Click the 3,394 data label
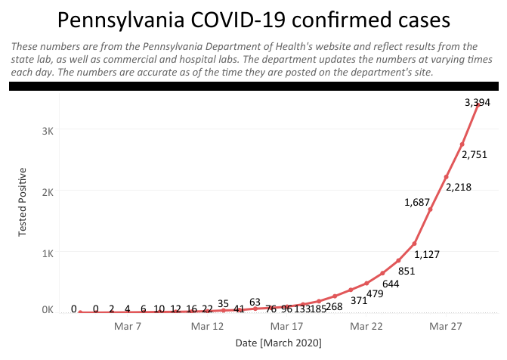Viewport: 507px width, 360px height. pos(477,103)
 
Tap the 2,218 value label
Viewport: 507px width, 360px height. pos(458,188)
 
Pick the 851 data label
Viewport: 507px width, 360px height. pos(407,271)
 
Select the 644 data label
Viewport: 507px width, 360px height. pos(391,284)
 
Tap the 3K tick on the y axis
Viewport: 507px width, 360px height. pos(47,130)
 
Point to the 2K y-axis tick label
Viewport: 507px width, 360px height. pos(47,191)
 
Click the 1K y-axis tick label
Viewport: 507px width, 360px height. pos(47,252)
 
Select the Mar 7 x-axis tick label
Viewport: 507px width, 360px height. pos(127,327)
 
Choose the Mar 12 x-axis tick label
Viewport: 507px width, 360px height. pos(207,327)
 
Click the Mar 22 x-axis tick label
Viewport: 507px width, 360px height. pos(366,327)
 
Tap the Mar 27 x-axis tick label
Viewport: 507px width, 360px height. pos(447,327)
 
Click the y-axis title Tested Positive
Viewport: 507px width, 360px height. pos(23,201)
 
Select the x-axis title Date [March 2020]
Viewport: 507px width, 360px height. pos(280,343)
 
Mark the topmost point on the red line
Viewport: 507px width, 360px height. pos(478,105)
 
